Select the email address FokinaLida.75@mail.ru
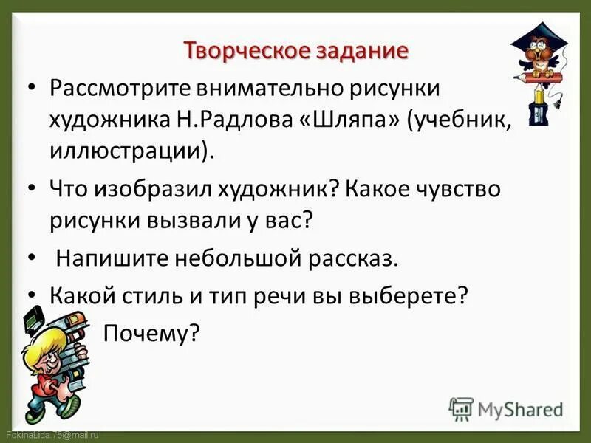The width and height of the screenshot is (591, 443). coord(52,436)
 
